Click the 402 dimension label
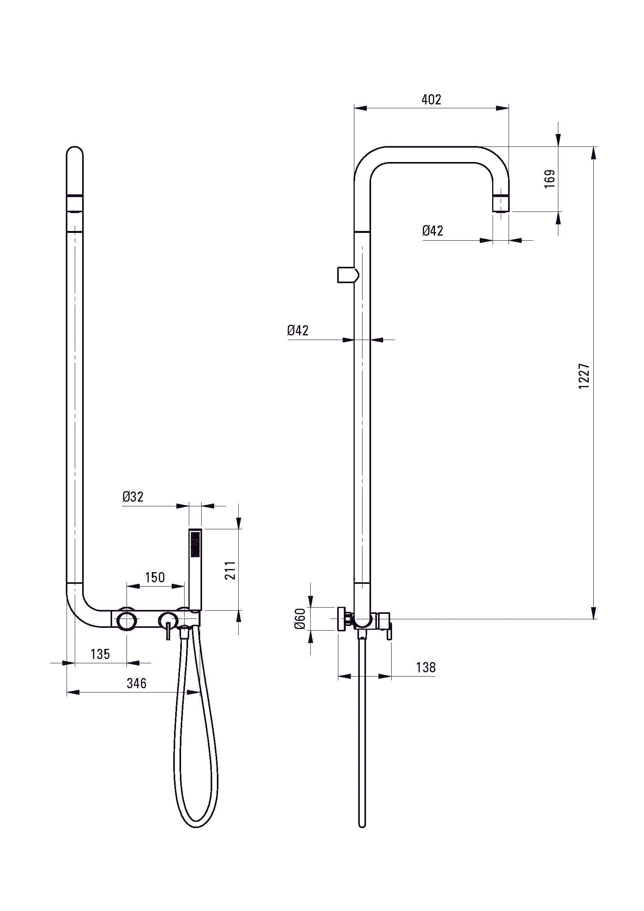point(431,100)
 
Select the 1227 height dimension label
point(584,375)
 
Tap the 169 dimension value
point(550,179)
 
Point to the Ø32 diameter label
point(133,497)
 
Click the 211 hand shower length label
point(231,570)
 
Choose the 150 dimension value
point(155,577)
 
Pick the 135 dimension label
point(100,654)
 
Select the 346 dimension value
point(136,683)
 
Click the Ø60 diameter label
point(300,618)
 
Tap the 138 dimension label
point(426,668)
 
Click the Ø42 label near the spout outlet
point(432,231)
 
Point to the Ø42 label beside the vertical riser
point(298,330)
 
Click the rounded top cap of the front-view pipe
point(75,153)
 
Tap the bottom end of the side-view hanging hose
point(362,825)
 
